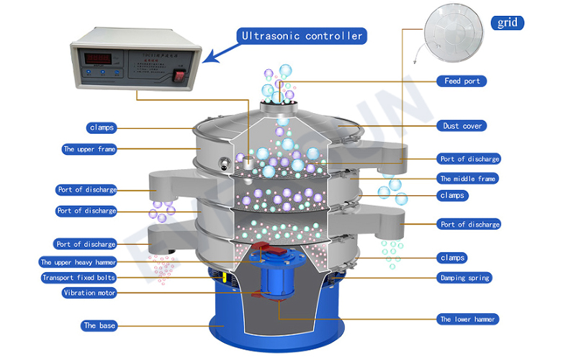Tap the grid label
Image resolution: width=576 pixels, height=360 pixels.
pyautogui.click(x=508, y=23)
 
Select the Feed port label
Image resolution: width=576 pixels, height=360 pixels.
pyautogui.click(x=462, y=81)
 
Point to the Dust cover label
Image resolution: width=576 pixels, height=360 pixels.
pyautogui.click(x=462, y=126)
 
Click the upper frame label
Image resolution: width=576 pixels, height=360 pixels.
pyautogui.click(x=89, y=150)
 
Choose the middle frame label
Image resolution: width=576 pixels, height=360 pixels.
pyautogui.click(x=468, y=179)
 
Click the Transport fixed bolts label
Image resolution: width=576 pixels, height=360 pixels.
pyautogui.click(x=78, y=278)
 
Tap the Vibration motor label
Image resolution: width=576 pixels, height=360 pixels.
pyautogui.click(x=89, y=293)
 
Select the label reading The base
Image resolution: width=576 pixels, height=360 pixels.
pyautogui.click(x=99, y=325)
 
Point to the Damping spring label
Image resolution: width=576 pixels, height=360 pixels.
pyautogui.click(x=464, y=277)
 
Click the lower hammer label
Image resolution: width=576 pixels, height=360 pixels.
pyautogui.click(x=467, y=319)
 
